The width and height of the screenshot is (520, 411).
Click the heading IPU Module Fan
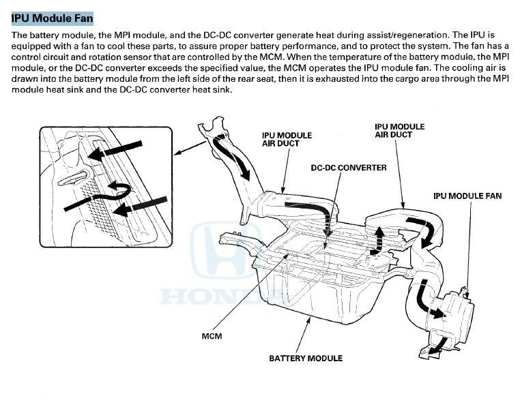(52, 18)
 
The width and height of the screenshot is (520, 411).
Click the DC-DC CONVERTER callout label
(348, 167)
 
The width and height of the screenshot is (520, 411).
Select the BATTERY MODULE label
(306, 358)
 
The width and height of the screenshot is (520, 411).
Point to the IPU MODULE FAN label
(467, 196)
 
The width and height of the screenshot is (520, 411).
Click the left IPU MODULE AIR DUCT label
(287, 140)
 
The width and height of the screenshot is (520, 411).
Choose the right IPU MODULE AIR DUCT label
(399, 130)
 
